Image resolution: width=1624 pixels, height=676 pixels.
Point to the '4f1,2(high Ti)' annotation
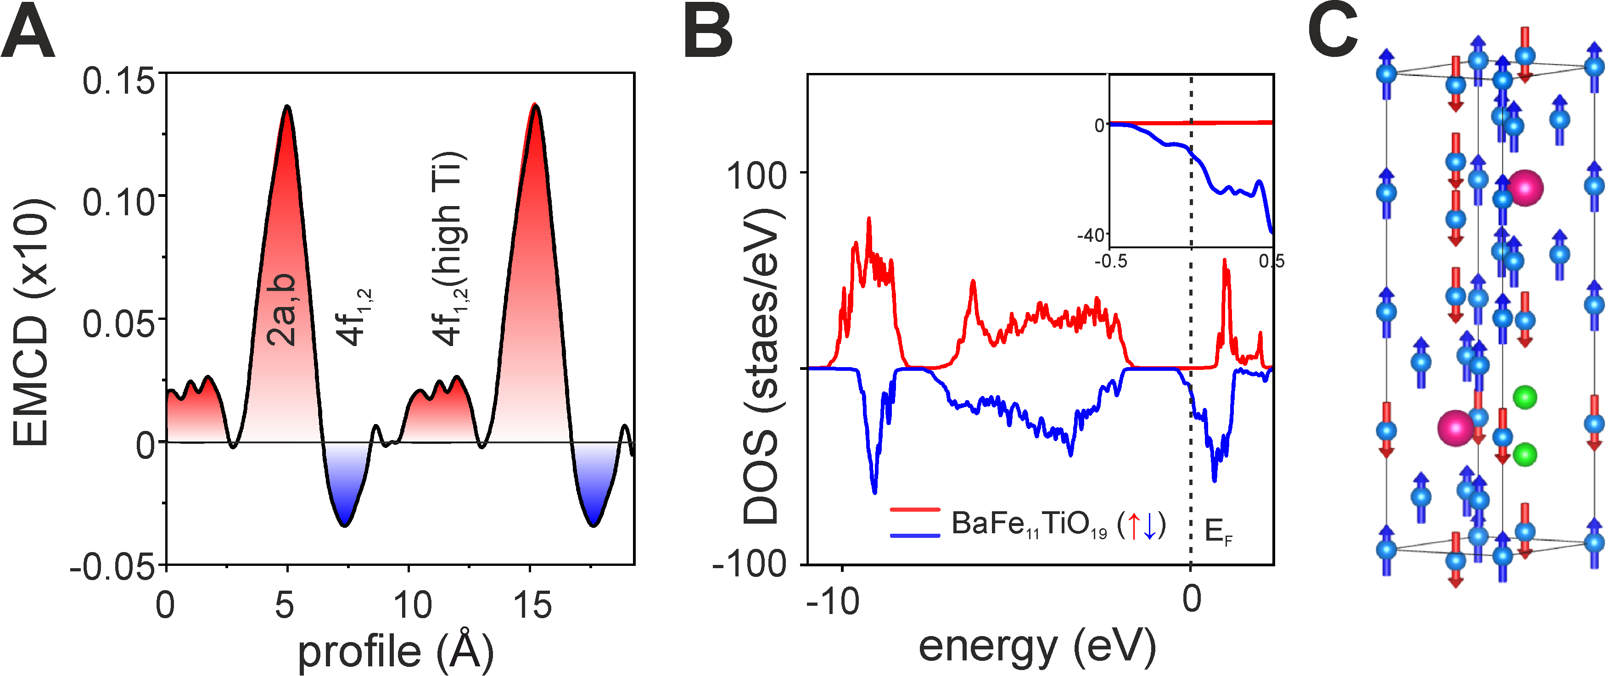point(449,249)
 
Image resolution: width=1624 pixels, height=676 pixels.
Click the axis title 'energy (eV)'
point(1037,646)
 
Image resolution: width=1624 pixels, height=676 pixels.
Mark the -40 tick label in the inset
point(1092,236)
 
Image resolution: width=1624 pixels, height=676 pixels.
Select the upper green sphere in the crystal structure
point(1525,397)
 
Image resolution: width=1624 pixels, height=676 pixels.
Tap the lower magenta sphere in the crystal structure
point(1456,428)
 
